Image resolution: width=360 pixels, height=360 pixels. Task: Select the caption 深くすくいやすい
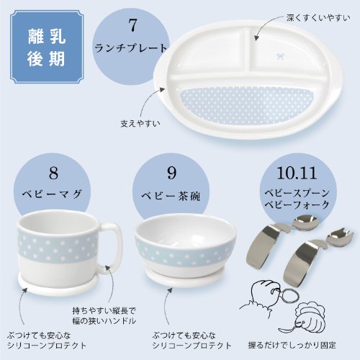pyautogui.click(x=318, y=16)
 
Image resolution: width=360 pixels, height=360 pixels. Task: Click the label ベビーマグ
pyautogui.click(x=54, y=195)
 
